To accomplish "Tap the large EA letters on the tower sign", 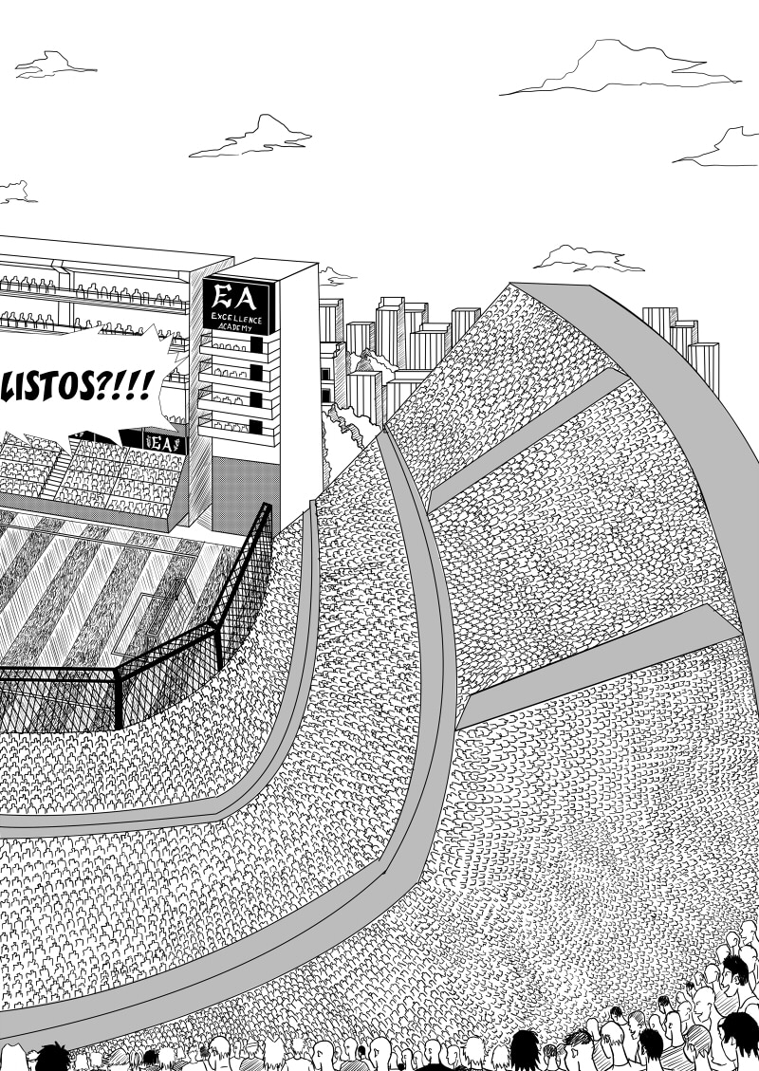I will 238,294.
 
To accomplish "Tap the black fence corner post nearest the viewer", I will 119,702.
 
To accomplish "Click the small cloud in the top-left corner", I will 55,65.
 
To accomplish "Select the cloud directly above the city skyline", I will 588,258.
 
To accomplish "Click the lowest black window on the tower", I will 254,428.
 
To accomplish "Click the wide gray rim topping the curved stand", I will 655,379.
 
